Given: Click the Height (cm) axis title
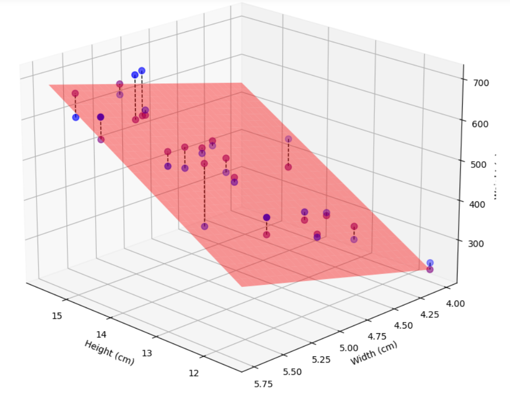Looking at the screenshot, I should pos(109,352).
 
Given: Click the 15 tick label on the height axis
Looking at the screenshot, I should pos(57,315).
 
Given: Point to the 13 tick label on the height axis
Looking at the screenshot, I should pos(147,353).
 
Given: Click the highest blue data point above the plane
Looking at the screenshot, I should pos(142,71).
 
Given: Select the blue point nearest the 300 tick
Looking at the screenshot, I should pos(430,263).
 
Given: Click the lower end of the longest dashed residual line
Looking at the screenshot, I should pos(205,226).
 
